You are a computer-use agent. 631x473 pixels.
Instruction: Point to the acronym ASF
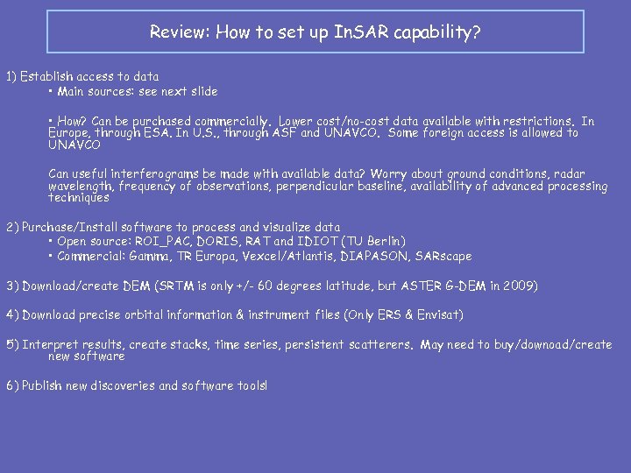tap(285, 133)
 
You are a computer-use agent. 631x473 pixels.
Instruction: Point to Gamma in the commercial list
tap(153, 256)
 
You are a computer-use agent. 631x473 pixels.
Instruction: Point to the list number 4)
tap(11, 314)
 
